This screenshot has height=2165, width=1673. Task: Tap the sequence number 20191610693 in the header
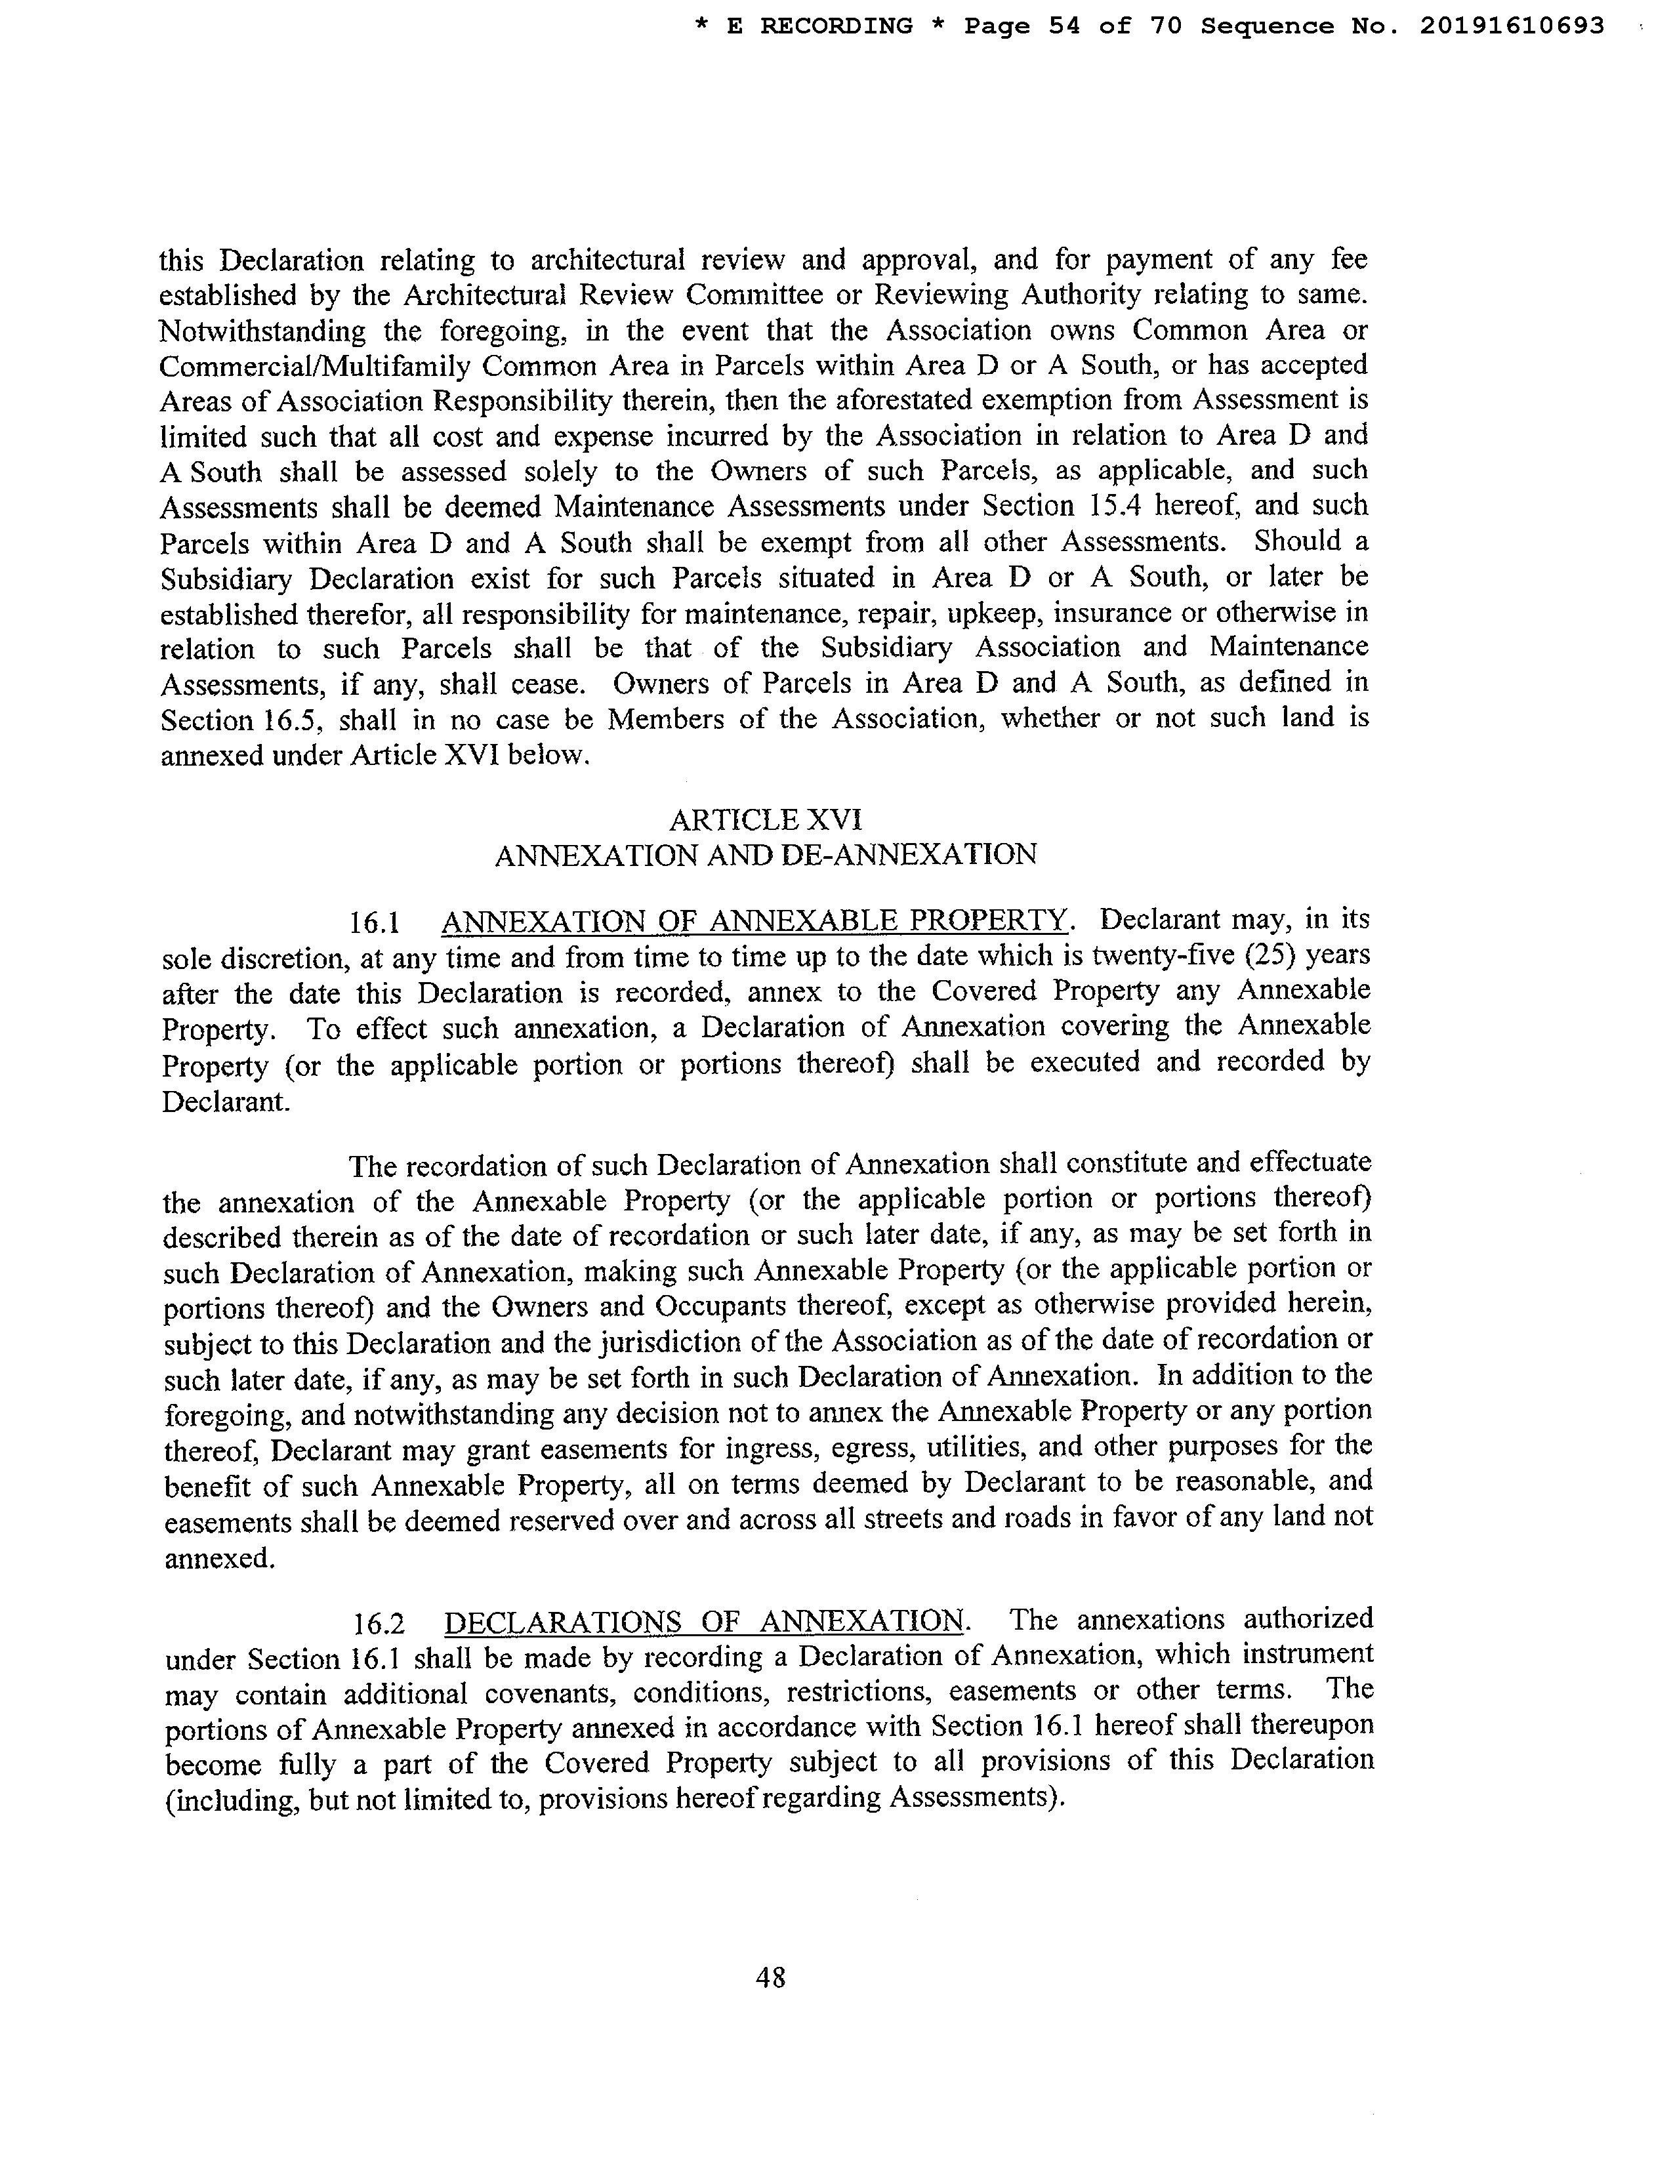pos(1512,27)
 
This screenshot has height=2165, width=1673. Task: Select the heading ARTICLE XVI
pos(765,820)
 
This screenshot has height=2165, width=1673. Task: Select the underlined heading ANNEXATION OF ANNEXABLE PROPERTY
pos(754,921)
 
